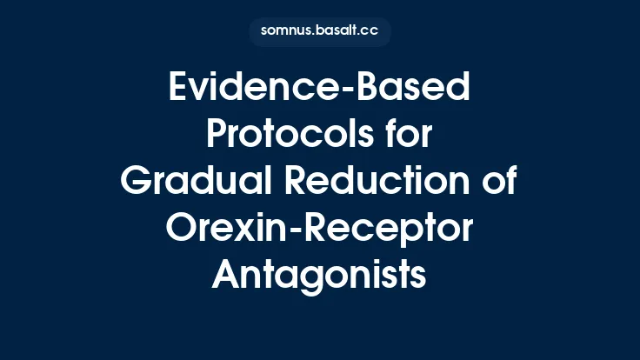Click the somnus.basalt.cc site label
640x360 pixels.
[319, 32]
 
